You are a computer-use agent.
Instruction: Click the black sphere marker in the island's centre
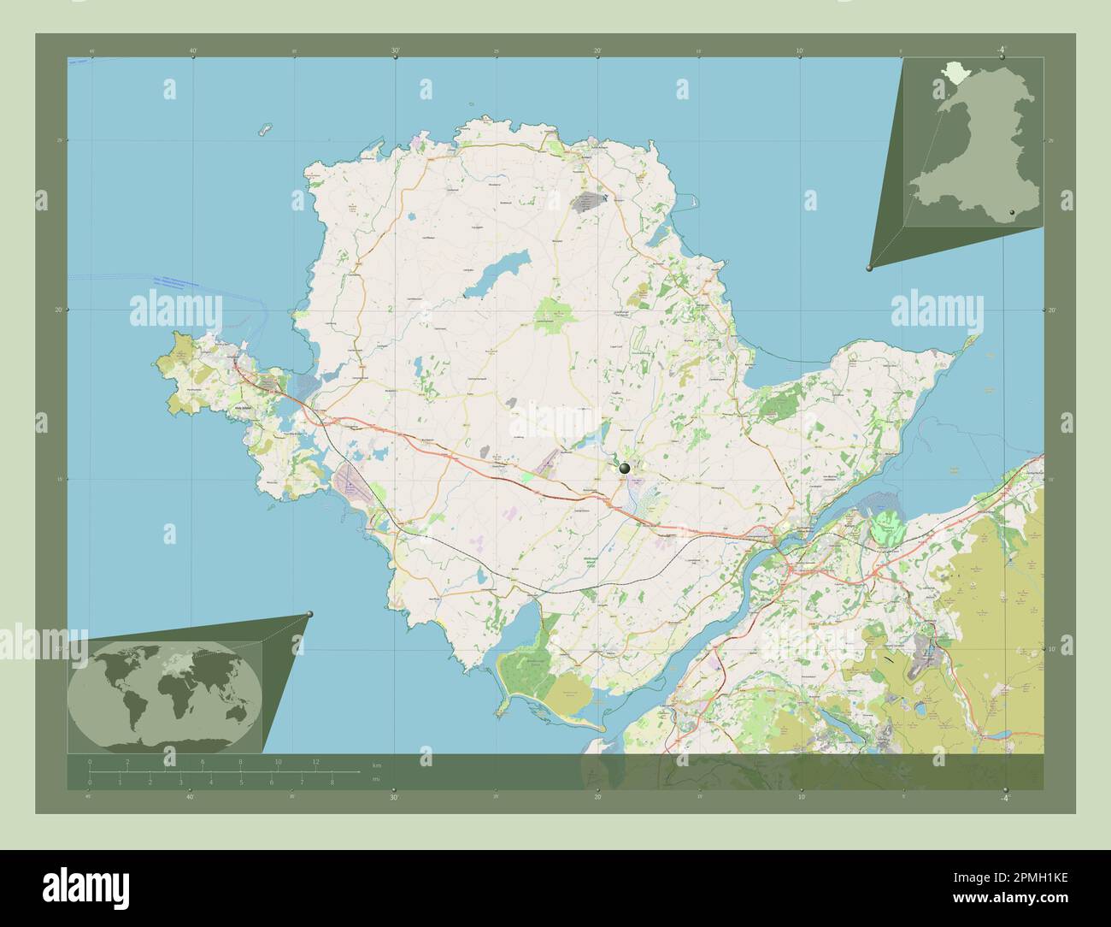(x=625, y=468)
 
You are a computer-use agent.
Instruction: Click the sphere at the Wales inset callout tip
(x=870, y=268)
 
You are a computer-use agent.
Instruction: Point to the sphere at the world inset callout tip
(x=309, y=614)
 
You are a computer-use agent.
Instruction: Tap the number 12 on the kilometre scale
(x=315, y=761)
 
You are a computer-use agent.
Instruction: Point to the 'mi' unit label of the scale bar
(x=376, y=779)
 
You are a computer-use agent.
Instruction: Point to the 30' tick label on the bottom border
(x=395, y=797)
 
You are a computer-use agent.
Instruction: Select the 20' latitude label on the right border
(x=1053, y=310)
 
